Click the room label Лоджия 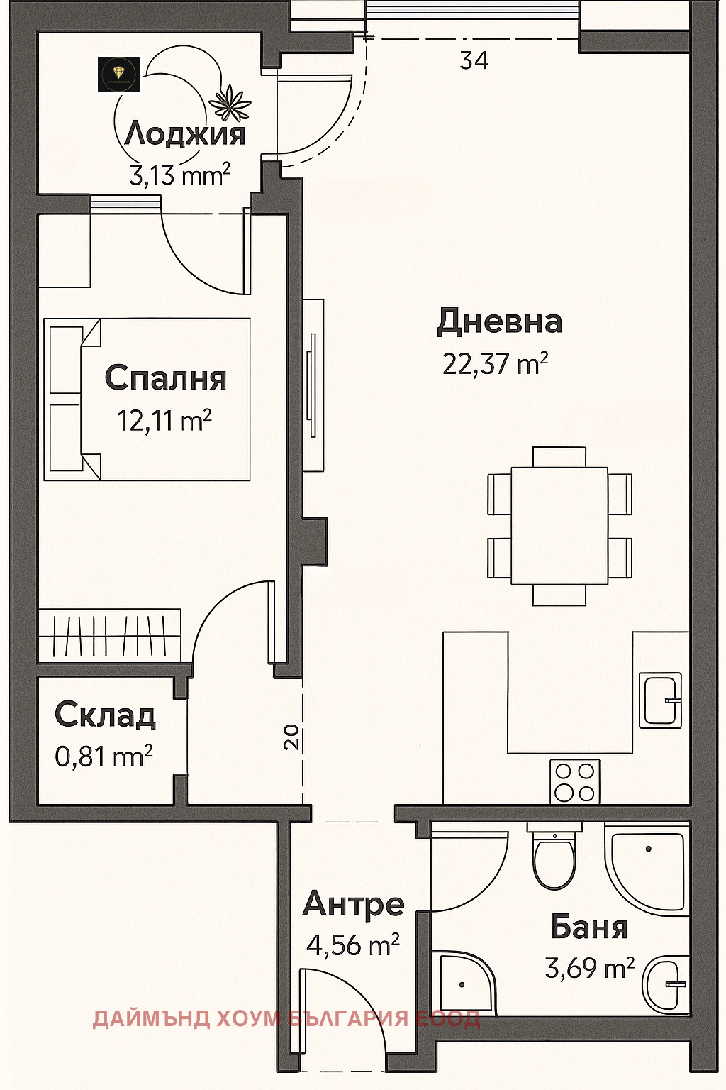184,134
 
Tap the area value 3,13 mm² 179,174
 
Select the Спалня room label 165,378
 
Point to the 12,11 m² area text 164,420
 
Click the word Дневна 499,321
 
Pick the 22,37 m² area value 495,363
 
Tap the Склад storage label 105,715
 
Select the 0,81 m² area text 104,756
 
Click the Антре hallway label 353,904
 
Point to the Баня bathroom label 589,927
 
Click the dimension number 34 474,61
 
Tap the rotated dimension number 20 291,738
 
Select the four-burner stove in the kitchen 574,781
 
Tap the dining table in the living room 559,525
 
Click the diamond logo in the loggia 118,74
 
